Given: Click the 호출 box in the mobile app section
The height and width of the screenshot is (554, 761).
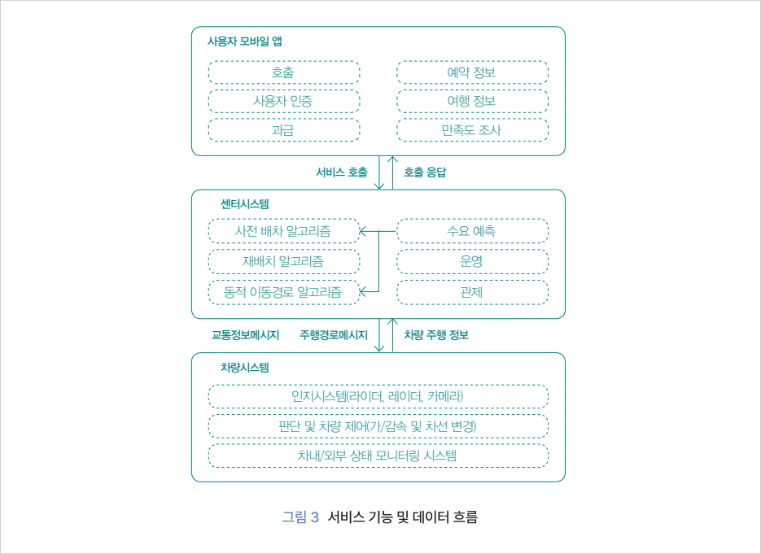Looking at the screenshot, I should click(283, 72).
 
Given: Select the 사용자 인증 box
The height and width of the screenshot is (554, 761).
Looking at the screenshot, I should click(283, 102).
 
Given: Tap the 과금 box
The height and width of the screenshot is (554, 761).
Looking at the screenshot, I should click(283, 130).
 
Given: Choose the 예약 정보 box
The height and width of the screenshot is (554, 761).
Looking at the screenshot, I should click(472, 72).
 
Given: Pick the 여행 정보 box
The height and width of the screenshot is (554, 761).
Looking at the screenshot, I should click(472, 102).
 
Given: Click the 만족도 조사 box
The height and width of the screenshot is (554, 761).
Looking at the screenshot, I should click(472, 130).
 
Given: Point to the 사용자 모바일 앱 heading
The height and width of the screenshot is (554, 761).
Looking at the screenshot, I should click(245, 41).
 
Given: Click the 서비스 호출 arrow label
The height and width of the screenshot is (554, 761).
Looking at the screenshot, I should click(342, 172).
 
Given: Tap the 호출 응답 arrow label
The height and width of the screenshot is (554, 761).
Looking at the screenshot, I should click(425, 172).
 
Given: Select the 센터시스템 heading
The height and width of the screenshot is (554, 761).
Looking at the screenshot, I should click(245, 203).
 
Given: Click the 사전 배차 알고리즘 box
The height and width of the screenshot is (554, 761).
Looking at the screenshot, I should click(283, 231).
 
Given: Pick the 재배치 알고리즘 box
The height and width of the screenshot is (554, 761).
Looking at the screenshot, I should click(283, 261).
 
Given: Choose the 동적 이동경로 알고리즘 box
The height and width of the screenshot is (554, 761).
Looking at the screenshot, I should click(283, 291).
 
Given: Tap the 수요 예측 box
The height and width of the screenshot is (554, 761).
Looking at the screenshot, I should click(472, 231).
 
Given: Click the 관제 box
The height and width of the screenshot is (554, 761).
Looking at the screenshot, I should click(472, 291).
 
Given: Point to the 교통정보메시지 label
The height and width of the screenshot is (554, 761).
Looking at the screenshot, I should click(246, 334).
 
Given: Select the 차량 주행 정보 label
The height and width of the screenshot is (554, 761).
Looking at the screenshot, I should click(436, 334).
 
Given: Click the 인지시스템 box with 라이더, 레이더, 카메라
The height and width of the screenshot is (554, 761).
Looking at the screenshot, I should click(378, 397).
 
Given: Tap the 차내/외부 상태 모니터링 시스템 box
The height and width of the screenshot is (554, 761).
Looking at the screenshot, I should click(378, 456).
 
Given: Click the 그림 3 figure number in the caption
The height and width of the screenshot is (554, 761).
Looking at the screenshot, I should click(300, 517).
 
